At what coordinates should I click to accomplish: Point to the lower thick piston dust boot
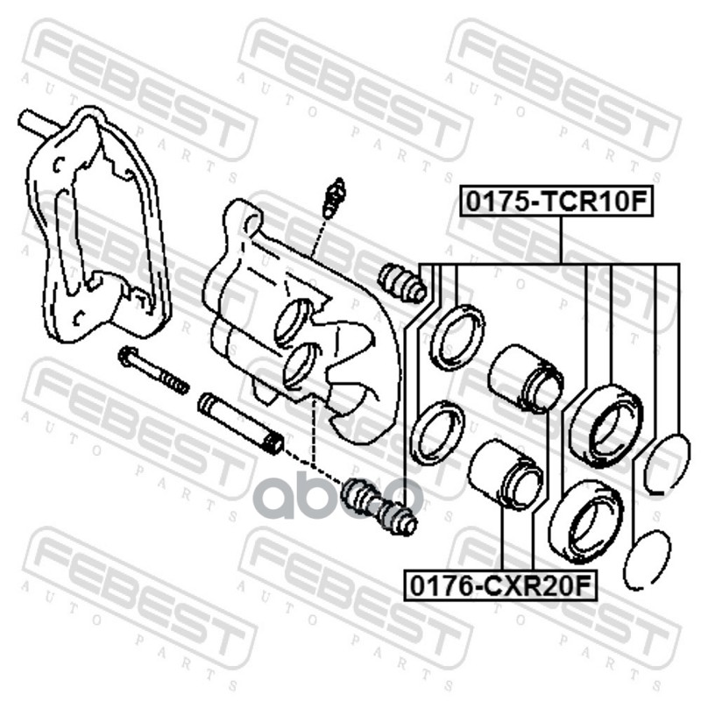[586, 521]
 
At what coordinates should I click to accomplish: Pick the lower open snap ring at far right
[648, 559]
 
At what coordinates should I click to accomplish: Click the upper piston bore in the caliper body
[294, 322]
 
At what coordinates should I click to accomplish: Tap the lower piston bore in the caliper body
[302, 365]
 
